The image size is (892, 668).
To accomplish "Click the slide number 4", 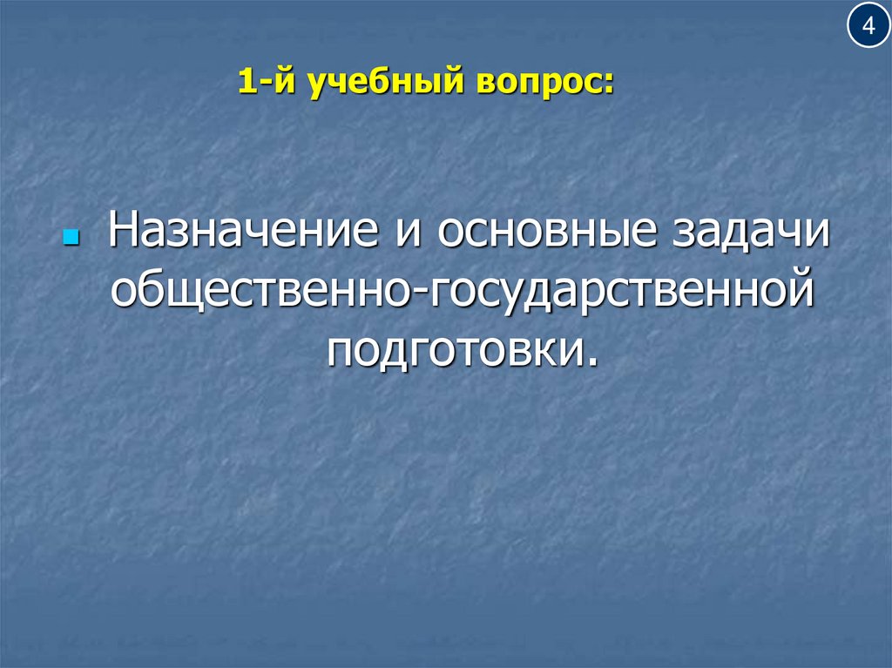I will (868, 26).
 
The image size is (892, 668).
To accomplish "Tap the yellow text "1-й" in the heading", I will (260, 84).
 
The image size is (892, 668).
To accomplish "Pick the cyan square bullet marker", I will (72, 237).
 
